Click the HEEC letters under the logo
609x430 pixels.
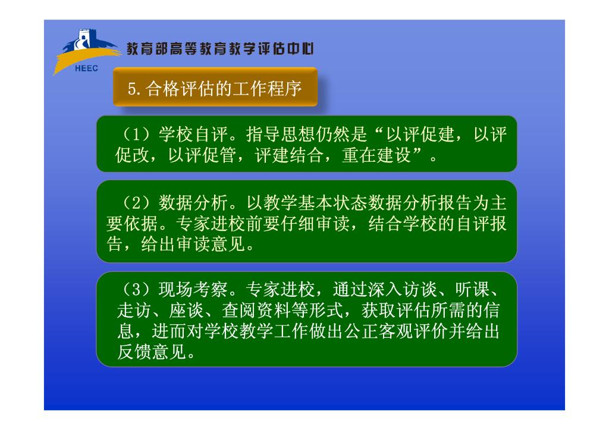(x=86, y=68)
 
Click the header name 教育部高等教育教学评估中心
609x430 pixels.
(x=220, y=49)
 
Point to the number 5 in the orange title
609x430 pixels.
(x=131, y=89)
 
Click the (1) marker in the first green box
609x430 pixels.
(x=136, y=134)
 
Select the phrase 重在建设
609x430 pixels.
(x=376, y=155)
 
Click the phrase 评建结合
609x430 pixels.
(x=289, y=155)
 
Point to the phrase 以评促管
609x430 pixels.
(x=202, y=155)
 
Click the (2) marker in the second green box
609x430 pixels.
(x=136, y=203)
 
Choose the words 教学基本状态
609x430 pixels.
(x=315, y=203)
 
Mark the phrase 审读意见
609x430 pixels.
(x=211, y=244)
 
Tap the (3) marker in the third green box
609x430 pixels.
(x=136, y=290)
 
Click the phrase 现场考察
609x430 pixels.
(x=193, y=290)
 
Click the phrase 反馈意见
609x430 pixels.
(x=152, y=352)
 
